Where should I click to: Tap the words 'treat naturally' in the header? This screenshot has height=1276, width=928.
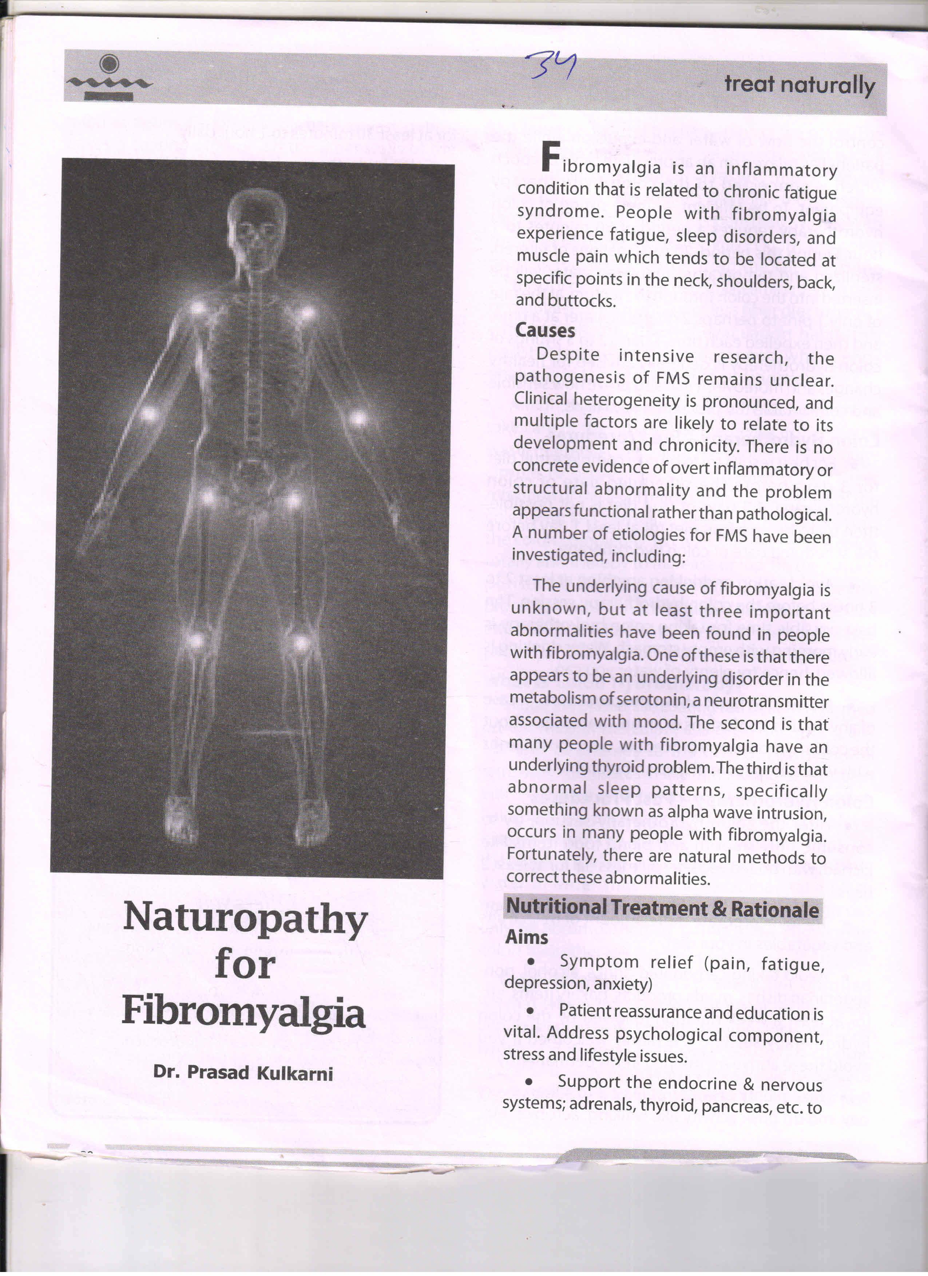pos(799,85)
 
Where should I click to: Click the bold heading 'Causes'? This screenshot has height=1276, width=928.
pos(545,330)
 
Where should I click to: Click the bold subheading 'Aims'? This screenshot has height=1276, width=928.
pos(526,937)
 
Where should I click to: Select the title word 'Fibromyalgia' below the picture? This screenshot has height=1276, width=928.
pos(244,1013)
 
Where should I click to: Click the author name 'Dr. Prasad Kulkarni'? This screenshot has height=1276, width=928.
pos(243,1073)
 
